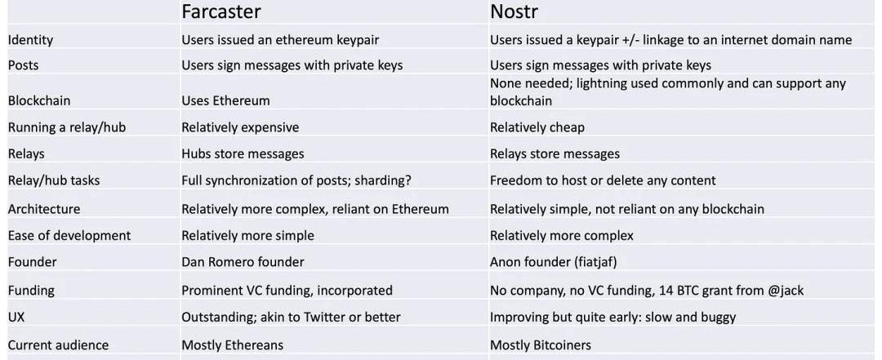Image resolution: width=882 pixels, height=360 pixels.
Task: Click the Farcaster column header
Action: click(x=221, y=11)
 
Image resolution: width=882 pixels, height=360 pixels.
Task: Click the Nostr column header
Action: click(x=514, y=11)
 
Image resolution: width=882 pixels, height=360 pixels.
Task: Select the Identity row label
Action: click(x=30, y=40)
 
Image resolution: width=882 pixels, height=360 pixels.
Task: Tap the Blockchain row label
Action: click(x=39, y=100)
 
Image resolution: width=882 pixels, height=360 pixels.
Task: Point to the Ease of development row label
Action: click(x=69, y=235)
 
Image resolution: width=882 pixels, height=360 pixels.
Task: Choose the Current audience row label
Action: click(x=58, y=344)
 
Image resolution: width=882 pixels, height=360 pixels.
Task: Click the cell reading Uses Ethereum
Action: click(x=225, y=100)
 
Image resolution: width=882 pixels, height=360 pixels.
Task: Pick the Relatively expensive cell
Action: click(x=240, y=127)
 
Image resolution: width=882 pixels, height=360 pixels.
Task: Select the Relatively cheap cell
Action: click(x=537, y=127)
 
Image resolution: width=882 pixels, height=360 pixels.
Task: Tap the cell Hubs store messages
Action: click(x=243, y=153)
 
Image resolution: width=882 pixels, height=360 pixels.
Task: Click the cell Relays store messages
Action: click(x=555, y=153)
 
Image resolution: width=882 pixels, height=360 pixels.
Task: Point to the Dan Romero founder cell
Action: click(x=243, y=261)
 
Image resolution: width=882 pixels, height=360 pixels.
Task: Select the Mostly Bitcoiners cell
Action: click(x=541, y=344)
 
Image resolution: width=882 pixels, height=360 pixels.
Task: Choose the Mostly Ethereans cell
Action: click(x=232, y=344)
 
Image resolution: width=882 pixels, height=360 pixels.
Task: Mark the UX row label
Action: click(x=16, y=317)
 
